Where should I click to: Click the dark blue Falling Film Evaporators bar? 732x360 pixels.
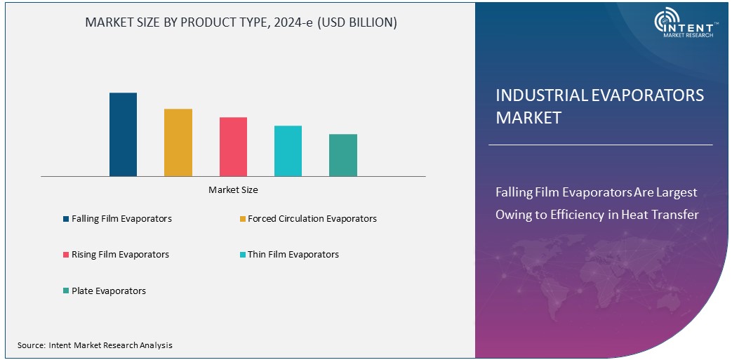coord(123,134)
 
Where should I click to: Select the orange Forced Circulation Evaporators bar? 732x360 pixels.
coord(178,142)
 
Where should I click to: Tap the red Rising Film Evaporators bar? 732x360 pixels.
coord(233,147)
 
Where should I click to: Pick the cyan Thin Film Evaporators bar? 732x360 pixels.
coord(288,151)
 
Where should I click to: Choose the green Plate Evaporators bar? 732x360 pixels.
coord(342,155)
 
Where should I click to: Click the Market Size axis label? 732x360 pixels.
coord(233,189)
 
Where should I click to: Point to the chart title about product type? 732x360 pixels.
coord(241,22)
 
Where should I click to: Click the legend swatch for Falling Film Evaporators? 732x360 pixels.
coord(65,219)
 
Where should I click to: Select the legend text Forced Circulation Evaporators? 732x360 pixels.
coord(312,219)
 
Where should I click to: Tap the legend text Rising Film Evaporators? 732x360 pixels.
coord(120,255)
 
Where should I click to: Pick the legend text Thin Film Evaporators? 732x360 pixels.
coord(293,255)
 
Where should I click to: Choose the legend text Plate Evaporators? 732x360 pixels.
coord(109,291)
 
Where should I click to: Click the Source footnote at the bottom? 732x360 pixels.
coord(95,345)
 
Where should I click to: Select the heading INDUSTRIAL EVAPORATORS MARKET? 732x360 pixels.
coord(599,107)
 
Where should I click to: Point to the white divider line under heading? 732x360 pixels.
coord(600,145)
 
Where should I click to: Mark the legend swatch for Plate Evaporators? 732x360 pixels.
coord(65,291)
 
